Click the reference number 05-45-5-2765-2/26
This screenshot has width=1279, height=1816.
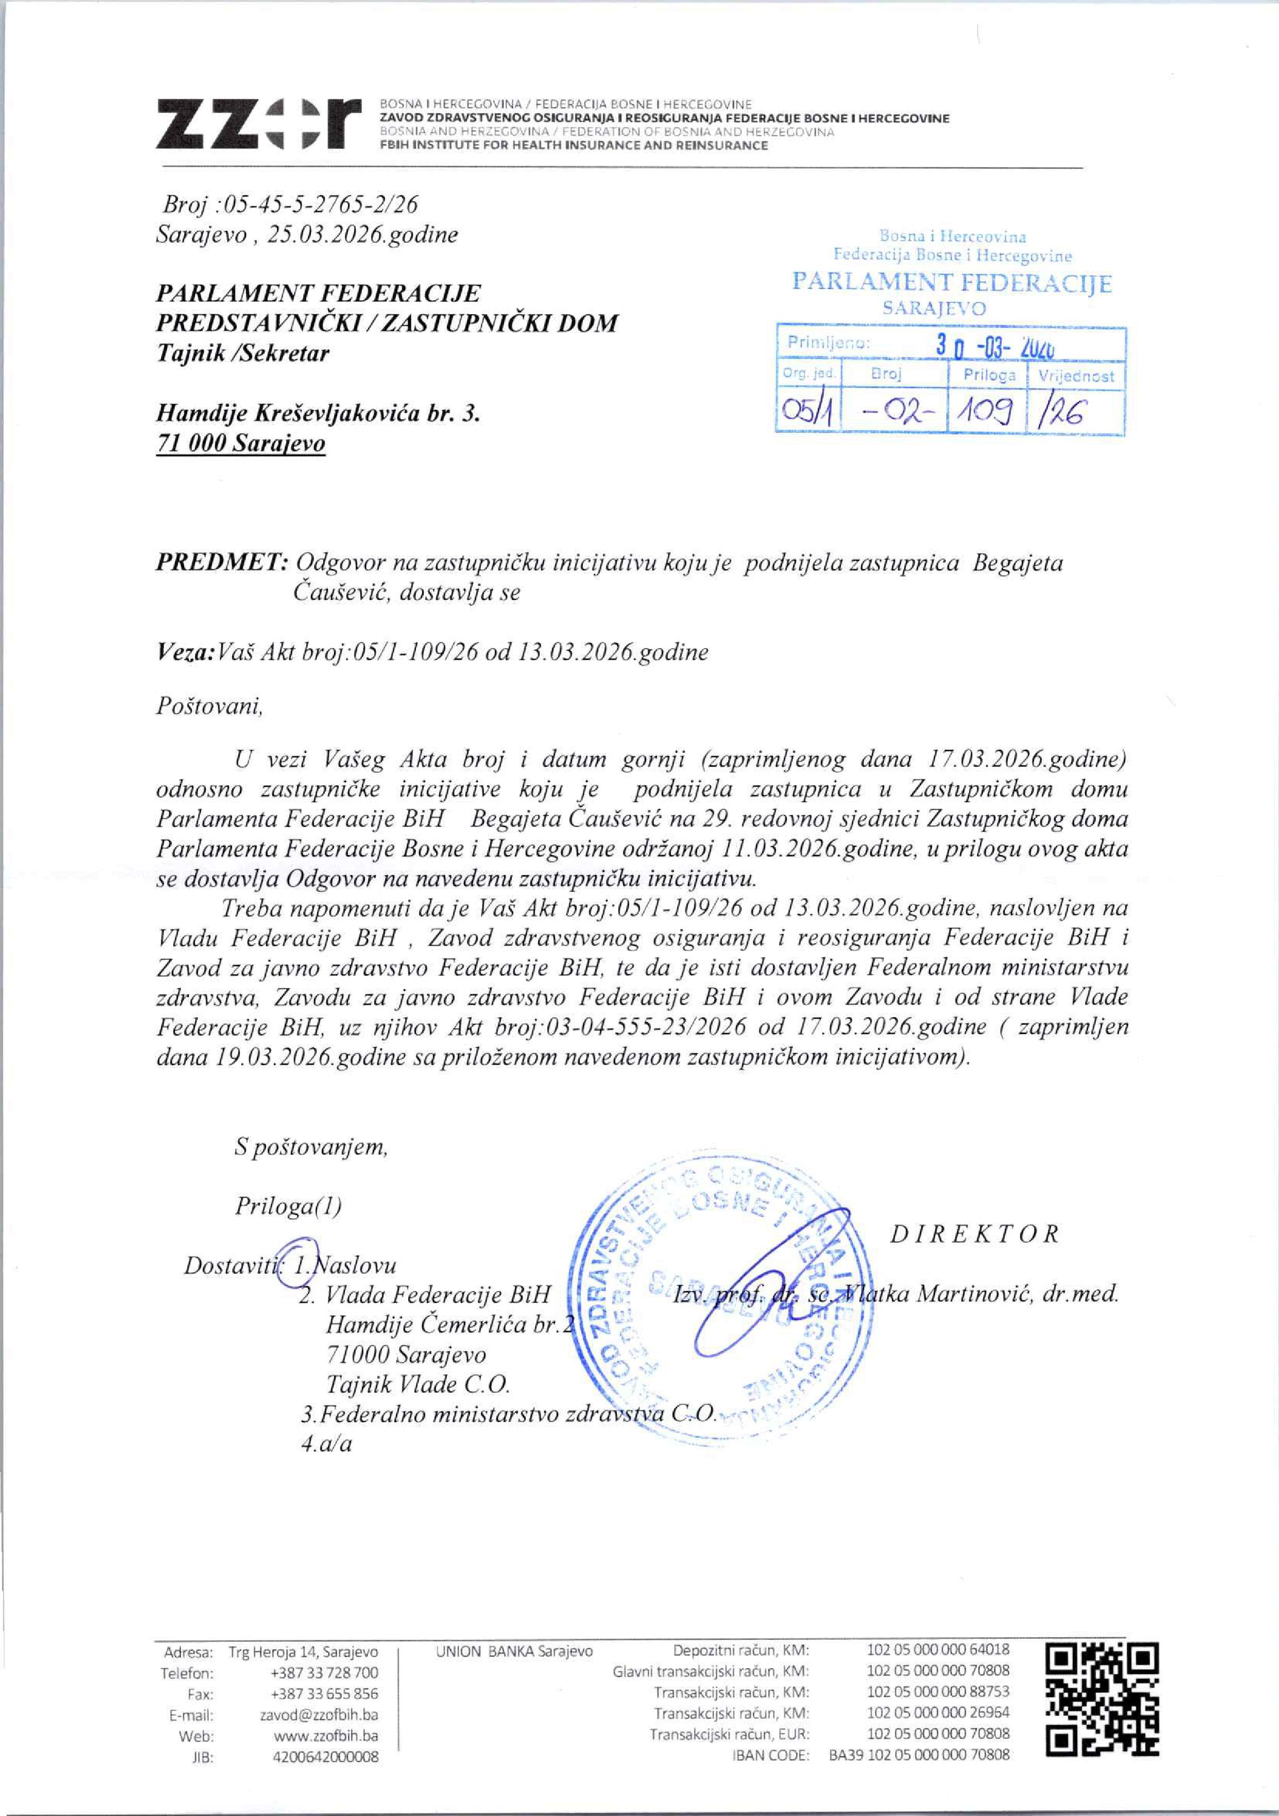pyautogui.click(x=321, y=205)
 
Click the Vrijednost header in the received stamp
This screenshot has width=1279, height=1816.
pyautogui.click(x=1076, y=377)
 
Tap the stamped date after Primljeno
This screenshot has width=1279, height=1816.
pyautogui.click(x=997, y=346)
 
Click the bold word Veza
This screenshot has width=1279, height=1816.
pyautogui.click(x=185, y=653)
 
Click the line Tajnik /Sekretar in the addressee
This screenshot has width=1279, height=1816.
pyautogui.click(x=243, y=353)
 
